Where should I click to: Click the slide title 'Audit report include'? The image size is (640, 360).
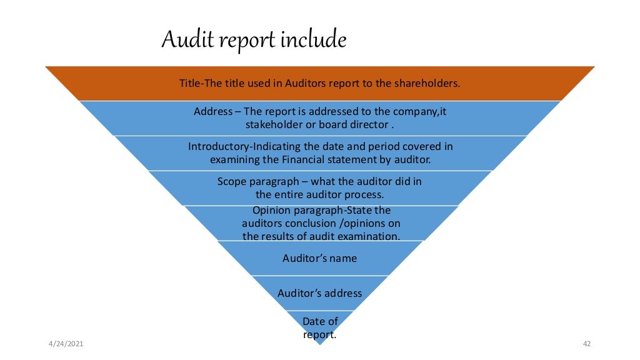click(x=254, y=40)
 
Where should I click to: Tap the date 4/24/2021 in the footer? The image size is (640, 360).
click(x=66, y=344)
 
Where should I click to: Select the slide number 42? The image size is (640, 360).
click(x=586, y=344)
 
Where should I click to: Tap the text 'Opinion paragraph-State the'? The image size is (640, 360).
click(x=321, y=210)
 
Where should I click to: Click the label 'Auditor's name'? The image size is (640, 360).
click(x=319, y=257)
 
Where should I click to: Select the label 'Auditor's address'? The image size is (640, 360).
click(x=319, y=292)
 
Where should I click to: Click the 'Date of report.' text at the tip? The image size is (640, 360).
click(x=319, y=327)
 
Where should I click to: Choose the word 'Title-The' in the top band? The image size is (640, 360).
click(x=200, y=82)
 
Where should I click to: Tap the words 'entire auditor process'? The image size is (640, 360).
click(x=328, y=194)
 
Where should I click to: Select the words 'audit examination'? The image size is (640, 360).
click(x=362, y=236)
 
